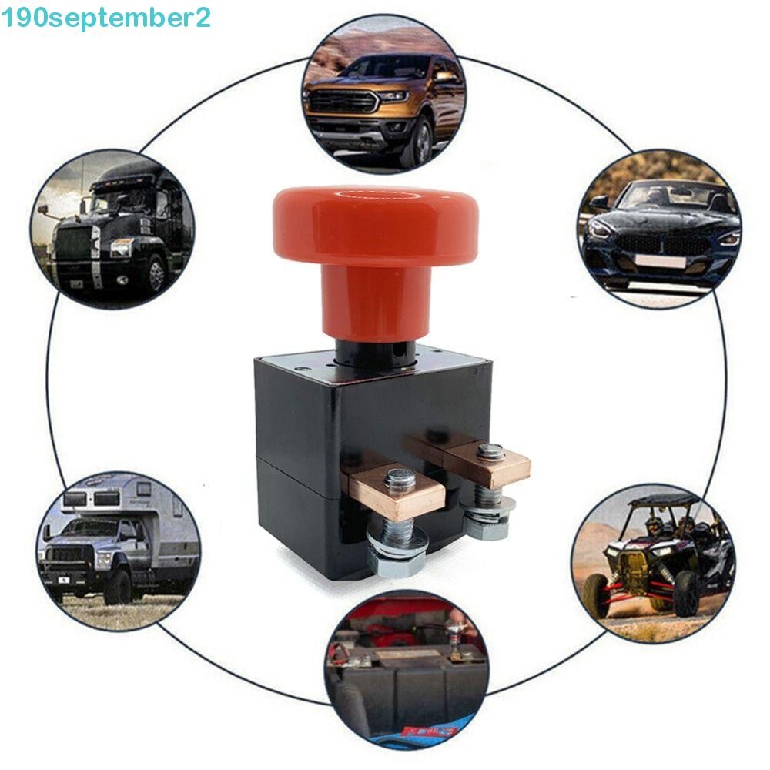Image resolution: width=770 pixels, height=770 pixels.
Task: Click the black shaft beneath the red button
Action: [x=375, y=353]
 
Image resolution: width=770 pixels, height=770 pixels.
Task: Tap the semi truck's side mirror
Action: [x=44, y=211]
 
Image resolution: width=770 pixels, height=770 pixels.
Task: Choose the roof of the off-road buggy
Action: [x=662, y=501]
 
